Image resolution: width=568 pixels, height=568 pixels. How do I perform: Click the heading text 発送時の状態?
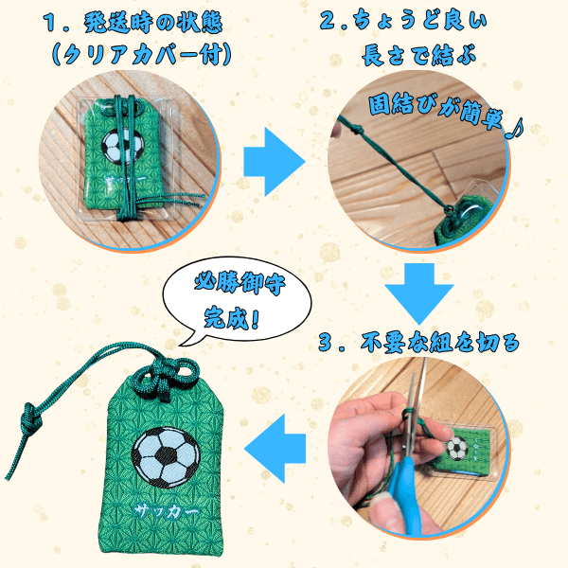(x=153, y=23)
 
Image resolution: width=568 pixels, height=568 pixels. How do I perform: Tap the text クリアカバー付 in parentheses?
(x=142, y=55)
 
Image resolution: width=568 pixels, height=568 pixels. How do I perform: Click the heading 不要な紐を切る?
(x=440, y=342)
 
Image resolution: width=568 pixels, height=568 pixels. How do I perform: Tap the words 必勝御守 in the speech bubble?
(x=240, y=283)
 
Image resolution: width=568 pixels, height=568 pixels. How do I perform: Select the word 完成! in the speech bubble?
(x=231, y=319)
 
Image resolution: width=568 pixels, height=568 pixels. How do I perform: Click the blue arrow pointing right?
(x=275, y=162)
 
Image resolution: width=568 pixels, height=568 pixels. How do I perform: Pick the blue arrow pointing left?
(x=275, y=449)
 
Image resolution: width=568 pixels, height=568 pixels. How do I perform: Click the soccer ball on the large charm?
(x=166, y=457)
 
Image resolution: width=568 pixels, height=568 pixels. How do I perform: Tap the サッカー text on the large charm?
(x=167, y=511)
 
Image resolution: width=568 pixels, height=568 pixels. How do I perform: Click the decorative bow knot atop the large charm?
(x=165, y=377)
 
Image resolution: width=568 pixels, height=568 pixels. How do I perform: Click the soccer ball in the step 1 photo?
(x=122, y=146)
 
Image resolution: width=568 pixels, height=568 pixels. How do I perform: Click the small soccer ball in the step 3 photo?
(x=457, y=449)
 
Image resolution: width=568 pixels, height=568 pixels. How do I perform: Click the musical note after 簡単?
(x=515, y=129)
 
